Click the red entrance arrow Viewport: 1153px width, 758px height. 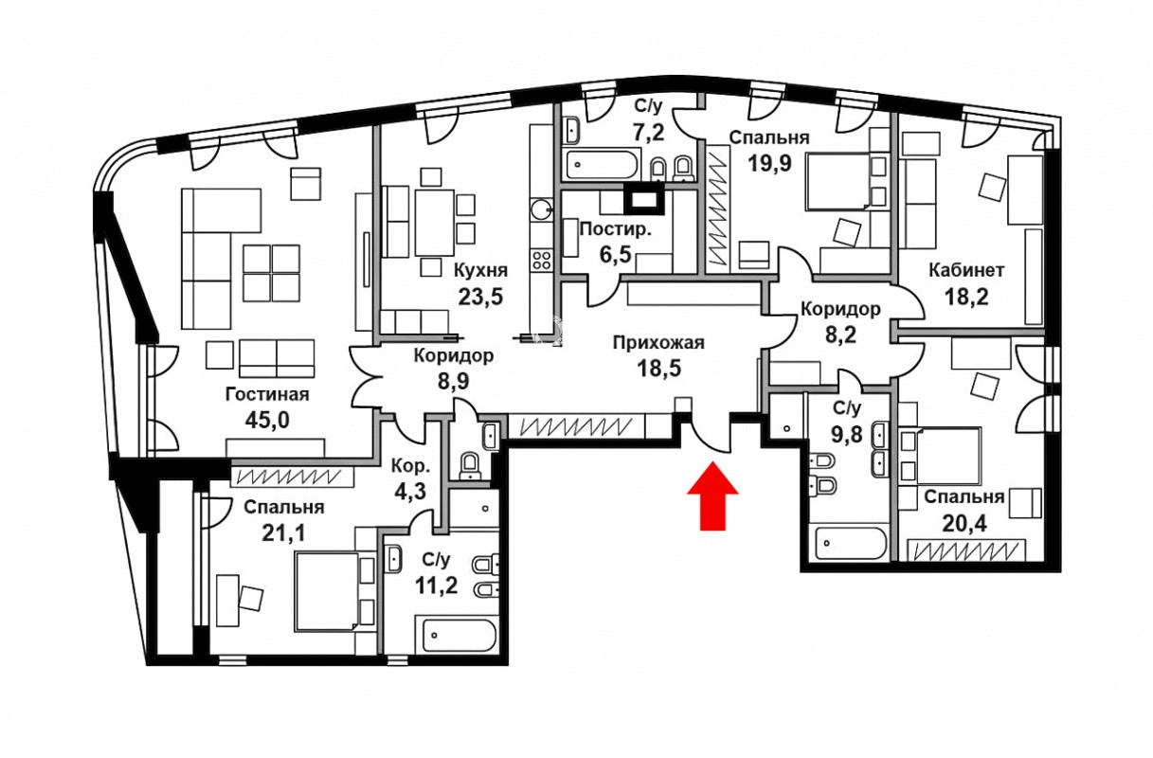pos(712,496)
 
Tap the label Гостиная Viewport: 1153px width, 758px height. pos(267,395)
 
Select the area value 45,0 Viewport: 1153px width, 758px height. pos(267,420)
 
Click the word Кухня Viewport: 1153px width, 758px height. pos(480,270)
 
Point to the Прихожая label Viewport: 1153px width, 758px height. pos(658,342)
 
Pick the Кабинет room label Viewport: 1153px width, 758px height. pos(966,270)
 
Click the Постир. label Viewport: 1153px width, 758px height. pos(616,228)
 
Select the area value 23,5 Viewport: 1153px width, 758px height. pos(480,296)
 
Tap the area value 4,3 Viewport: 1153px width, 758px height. pos(410,491)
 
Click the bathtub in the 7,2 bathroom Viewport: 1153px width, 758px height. pos(604,164)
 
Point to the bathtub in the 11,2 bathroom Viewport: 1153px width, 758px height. pos(459,635)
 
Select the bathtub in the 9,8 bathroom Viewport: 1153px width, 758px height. pos(852,543)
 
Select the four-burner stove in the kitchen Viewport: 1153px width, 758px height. pos(542,259)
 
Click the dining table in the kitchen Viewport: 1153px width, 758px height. pos(435,223)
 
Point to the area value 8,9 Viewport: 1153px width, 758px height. pos(454,381)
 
